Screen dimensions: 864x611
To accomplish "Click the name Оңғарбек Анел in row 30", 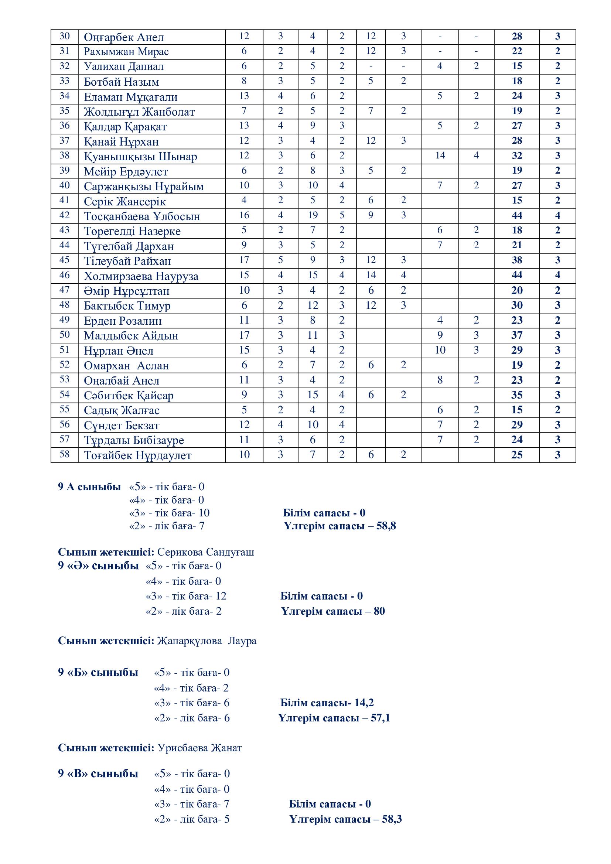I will tap(124, 37).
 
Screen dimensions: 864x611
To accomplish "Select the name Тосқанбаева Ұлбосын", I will tap(142, 216).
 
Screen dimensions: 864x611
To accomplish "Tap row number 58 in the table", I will tap(65, 454).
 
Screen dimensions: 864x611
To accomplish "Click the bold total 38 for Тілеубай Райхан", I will tap(516, 260).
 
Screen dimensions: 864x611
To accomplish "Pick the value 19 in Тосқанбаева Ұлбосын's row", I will tap(313, 215).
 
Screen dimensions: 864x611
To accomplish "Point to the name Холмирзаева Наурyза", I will tap(141, 276).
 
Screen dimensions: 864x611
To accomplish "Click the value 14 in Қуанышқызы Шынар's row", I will tap(440, 156).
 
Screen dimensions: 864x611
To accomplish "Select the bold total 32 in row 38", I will tap(516, 156).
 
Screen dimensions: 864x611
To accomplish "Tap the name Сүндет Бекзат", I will tap(122, 425).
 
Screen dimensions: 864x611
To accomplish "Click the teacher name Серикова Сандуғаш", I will tap(205, 552).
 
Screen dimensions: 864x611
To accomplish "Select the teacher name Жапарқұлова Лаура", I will tap(206, 641).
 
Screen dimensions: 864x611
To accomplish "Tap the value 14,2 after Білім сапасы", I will tap(364, 703).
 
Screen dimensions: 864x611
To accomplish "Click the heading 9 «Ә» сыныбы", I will tap(98, 566).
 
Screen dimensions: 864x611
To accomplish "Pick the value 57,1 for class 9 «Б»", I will tap(380, 718).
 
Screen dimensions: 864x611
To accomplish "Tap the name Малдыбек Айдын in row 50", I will tap(131, 336).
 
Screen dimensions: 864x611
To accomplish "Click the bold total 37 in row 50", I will tap(516, 335).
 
